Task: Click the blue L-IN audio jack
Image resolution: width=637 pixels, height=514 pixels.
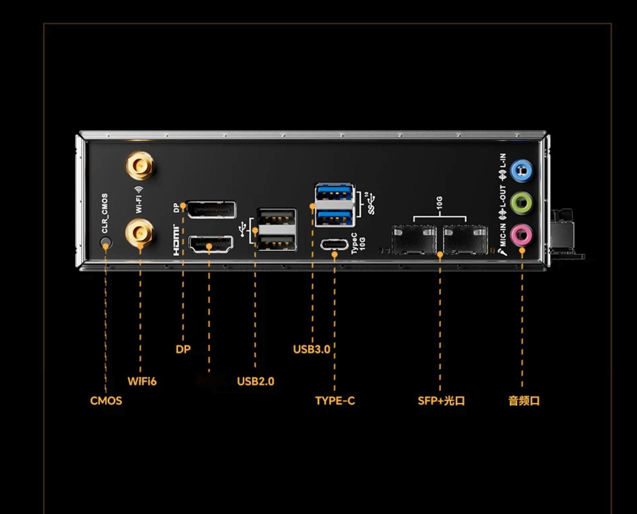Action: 521,170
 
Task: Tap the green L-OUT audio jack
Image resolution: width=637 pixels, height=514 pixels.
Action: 521,203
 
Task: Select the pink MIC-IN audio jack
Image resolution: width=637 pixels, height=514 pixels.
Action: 521,235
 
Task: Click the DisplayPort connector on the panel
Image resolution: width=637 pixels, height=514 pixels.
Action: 211,210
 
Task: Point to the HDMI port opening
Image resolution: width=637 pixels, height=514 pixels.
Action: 211,244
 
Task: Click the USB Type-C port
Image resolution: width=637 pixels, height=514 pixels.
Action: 334,245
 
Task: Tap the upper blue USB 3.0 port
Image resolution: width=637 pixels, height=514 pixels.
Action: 334,193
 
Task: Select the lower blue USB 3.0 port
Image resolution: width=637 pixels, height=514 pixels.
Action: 334,218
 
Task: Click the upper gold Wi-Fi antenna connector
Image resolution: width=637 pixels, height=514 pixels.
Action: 140,166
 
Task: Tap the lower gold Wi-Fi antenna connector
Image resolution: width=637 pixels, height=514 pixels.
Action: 140,232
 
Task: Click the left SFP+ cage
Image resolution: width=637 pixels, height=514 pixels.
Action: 414,240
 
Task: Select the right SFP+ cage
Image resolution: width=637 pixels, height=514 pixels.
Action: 466,240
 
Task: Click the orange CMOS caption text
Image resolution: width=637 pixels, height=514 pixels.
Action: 106,401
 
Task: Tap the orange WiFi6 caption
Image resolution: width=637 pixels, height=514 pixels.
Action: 142,381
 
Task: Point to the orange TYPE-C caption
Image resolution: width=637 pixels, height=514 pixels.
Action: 335,401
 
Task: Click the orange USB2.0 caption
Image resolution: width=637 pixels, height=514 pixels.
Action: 255,381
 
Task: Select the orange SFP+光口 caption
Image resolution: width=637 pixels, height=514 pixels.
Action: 441,401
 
